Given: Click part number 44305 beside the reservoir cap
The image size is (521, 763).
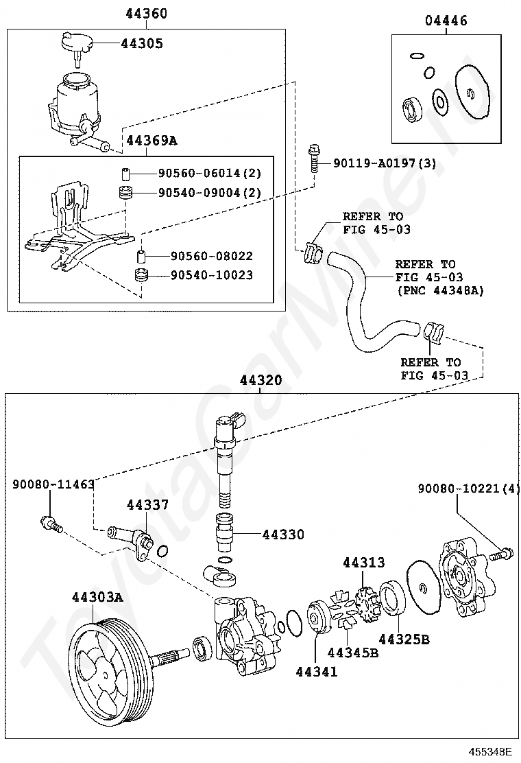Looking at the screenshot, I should coord(142,44).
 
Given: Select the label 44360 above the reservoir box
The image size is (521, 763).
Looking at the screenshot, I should coord(147,14).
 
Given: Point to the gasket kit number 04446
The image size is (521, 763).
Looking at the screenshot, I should coord(446,21).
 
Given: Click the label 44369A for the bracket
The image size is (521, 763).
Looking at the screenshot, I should coord(151,141).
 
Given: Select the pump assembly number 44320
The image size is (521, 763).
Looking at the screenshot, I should coord(260,380).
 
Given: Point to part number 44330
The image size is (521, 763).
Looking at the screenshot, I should coord(284,534).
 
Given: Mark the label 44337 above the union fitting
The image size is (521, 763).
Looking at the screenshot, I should coord(147,505).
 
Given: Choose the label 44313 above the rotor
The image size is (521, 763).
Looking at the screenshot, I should coord(364,563).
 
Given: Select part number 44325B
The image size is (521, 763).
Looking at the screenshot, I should coord(404,639).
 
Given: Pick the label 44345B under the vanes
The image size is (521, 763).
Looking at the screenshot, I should coord(353,652).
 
